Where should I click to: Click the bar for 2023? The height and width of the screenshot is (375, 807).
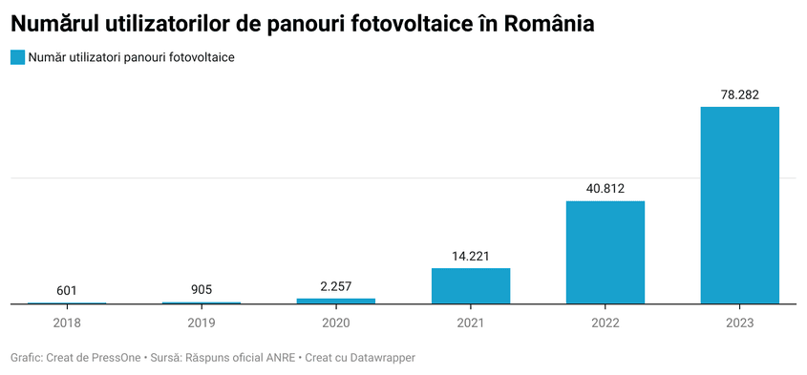(739, 205)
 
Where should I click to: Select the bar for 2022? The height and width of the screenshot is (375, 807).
(605, 252)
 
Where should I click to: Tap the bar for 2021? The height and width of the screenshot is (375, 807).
(470, 286)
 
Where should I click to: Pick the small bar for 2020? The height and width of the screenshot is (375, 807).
(335, 301)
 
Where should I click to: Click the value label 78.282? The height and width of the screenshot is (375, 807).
(739, 94)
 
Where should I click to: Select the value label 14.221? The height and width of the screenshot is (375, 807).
(470, 256)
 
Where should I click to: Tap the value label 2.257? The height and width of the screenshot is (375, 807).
(335, 286)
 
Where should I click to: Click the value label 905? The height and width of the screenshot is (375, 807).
(202, 290)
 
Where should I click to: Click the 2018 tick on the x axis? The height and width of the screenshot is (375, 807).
(67, 323)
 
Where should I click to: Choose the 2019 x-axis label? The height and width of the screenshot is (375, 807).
(202, 323)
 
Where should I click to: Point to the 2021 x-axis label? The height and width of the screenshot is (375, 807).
(470, 323)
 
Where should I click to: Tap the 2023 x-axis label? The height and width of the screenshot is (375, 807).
(739, 323)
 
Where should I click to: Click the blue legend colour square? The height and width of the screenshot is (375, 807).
(17, 57)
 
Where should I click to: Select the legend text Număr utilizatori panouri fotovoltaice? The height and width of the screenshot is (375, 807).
(132, 57)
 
